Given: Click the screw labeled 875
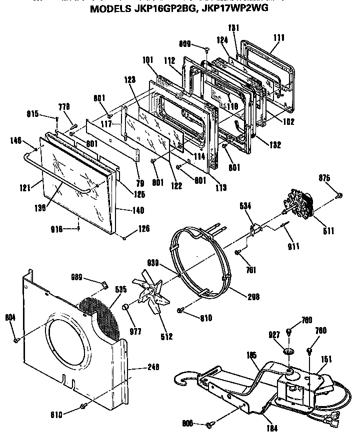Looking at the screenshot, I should (339, 194).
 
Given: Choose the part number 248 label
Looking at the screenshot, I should (154, 367).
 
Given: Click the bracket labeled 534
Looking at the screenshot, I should (255, 230).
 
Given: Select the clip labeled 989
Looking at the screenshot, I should (104, 285).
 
